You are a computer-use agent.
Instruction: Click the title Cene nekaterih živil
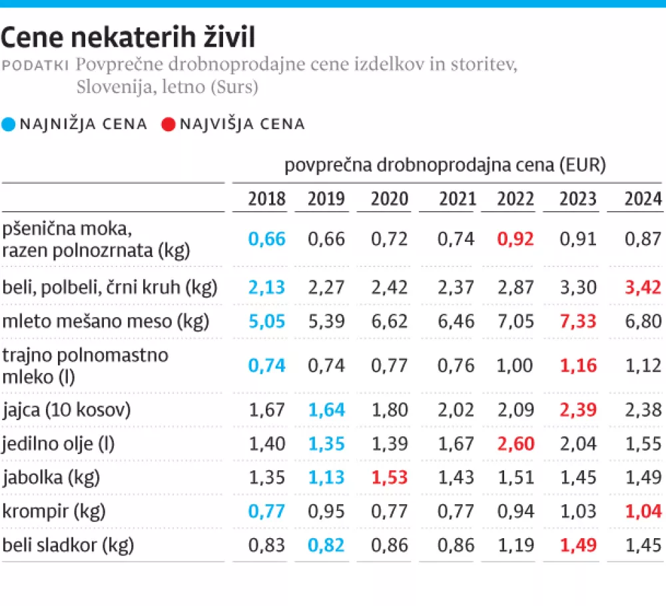(128, 37)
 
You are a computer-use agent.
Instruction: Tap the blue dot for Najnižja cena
(9, 124)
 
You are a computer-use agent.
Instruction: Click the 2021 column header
(457, 198)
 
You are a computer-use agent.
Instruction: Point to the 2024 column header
(643, 198)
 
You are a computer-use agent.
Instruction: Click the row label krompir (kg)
(46, 511)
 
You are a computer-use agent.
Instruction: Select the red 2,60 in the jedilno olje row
(515, 443)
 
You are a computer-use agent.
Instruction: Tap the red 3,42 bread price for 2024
(643, 287)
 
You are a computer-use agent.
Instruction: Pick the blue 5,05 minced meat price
(266, 322)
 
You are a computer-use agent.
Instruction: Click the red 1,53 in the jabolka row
(390, 477)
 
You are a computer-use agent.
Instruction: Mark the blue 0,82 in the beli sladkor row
(326, 545)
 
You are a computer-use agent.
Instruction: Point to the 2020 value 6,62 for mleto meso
(390, 322)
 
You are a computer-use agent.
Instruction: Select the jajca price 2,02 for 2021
(457, 409)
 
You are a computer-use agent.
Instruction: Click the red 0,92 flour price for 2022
(515, 238)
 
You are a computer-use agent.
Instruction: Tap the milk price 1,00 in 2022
(515, 365)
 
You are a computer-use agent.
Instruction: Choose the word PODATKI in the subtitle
(36, 65)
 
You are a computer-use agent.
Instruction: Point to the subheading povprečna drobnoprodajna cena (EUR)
(445, 165)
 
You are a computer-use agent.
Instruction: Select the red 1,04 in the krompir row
(643, 511)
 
